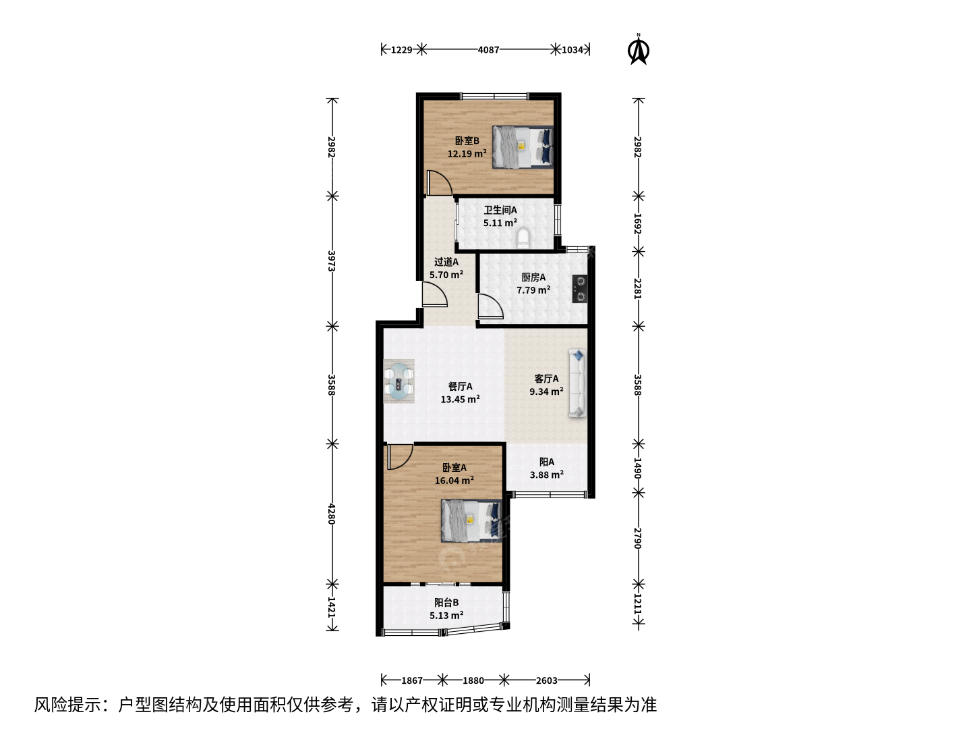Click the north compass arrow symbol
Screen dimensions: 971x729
639,49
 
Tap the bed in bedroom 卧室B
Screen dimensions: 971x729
523,147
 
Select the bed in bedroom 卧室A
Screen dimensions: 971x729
471,520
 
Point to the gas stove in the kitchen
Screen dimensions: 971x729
580,289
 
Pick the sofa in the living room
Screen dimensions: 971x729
577,383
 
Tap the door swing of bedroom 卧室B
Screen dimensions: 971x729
439,183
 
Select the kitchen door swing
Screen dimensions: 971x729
491,306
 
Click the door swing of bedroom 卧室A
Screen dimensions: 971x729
401,456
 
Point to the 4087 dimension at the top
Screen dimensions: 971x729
488,50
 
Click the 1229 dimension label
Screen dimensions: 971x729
402,50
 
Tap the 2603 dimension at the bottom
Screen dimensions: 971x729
546,680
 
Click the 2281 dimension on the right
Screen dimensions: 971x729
638,289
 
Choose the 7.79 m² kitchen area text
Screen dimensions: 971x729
533,290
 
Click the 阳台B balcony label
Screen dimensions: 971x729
446,602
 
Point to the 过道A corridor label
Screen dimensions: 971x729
446,262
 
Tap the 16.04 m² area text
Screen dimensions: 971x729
454,480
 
